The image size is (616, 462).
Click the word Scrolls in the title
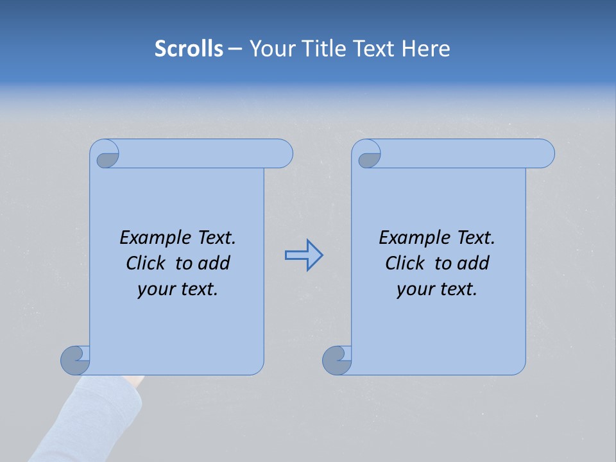pos(189,49)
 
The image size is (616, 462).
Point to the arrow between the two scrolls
pos(304,255)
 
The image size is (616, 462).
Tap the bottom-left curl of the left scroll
pos(76,359)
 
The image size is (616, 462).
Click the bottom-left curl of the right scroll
pos(338,359)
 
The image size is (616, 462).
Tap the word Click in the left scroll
pos(146,263)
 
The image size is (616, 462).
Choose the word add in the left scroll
pos(214,263)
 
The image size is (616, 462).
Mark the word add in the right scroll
pos(474,263)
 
